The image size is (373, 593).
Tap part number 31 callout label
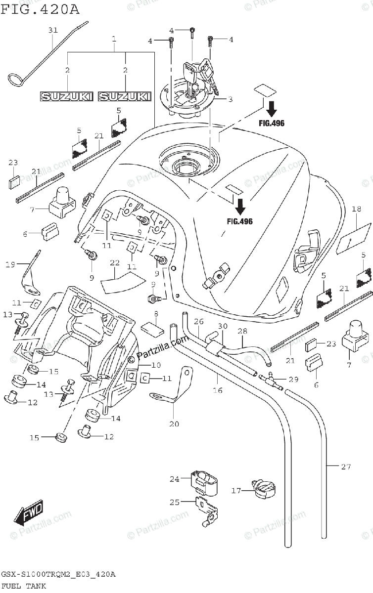tap(53, 31)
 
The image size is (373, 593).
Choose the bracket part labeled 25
tap(207, 509)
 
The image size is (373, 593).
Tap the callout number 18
tap(356, 209)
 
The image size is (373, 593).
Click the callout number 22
tap(115, 262)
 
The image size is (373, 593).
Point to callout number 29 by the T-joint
tap(294, 379)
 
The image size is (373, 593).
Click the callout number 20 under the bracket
tap(174, 424)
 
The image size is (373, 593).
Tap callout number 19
tap(11, 265)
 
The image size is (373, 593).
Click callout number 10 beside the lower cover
tap(156, 365)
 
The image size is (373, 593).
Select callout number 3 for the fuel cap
tap(230, 99)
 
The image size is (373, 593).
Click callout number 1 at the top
tap(114, 38)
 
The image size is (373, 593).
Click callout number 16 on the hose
tap(217, 390)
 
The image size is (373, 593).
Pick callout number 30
tap(223, 326)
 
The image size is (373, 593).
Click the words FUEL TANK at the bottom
tap(24, 586)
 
